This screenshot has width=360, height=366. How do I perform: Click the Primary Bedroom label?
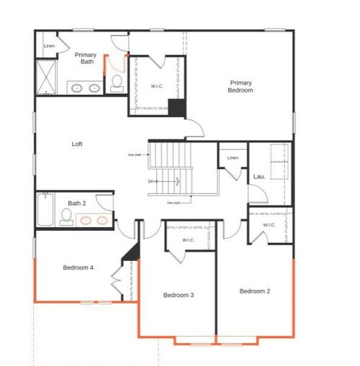pos(240,86)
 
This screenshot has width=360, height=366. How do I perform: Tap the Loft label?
pos(77,144)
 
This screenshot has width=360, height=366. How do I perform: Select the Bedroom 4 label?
pos(78,267)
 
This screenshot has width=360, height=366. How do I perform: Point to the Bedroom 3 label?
pos(178,295)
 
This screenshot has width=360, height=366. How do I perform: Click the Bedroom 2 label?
pos(255,290)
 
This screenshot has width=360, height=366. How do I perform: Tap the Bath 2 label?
pos(77,203)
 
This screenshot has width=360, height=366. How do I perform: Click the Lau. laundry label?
pos(259,176)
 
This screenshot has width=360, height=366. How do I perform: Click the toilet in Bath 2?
pos(67,219)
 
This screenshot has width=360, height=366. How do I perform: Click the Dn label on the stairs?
pos(152,180)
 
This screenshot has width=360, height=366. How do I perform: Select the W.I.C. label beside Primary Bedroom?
pos(156,86)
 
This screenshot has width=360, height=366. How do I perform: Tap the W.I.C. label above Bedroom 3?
pos(188,240)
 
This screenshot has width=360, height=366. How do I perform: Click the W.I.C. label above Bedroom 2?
pos(269,225)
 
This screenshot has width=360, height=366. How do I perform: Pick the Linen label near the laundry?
pos(232,157)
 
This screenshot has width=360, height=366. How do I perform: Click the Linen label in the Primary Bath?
pos(49,47)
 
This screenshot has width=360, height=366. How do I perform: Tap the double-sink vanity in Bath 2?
pos(94,220)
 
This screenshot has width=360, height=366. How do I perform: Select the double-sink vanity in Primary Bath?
pos(86,88)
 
